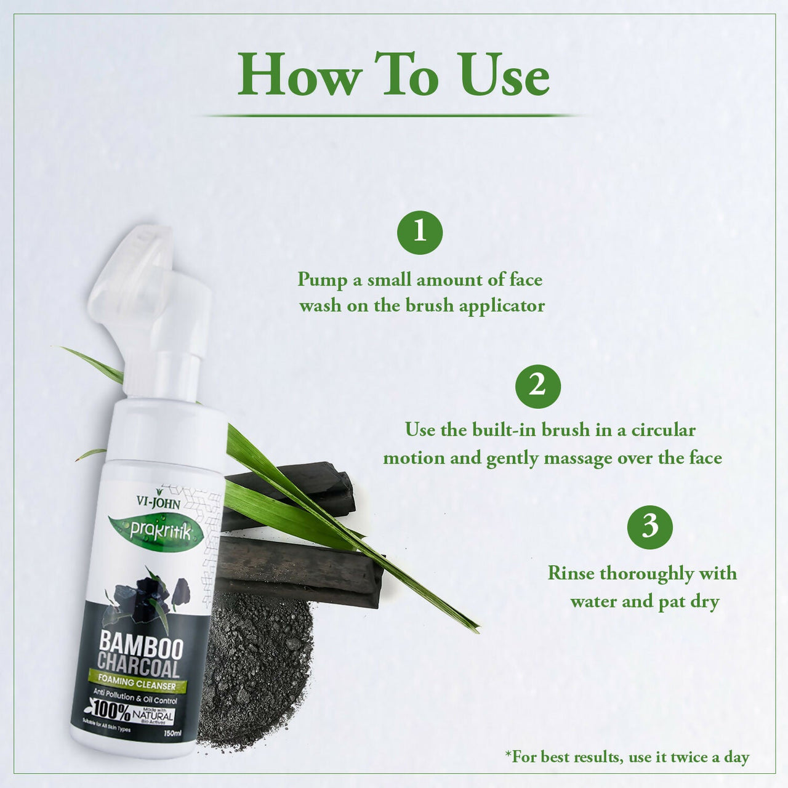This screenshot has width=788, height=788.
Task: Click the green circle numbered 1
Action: tap(420, 232)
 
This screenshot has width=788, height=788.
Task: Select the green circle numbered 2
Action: tap(537, 386)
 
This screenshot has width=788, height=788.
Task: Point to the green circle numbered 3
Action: tap(649, 527)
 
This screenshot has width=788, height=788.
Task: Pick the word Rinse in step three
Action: tap(571, 573)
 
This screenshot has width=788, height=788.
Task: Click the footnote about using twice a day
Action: tap(627, 757)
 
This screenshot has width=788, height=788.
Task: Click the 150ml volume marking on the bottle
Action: tap(173, 733)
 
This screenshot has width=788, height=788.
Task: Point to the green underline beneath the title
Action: tap(394, 115)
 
